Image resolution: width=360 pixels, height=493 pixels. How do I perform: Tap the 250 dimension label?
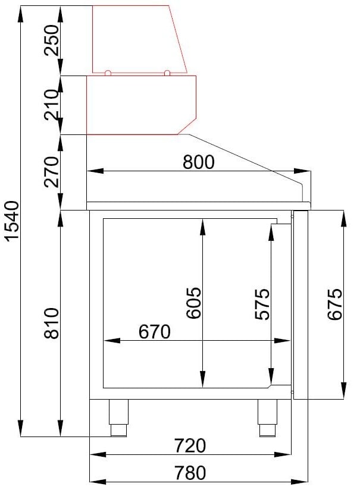[x=52, y=40]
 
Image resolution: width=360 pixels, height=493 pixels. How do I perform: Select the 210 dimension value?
[x=52, y=105]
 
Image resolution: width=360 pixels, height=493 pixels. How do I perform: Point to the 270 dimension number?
[x=52, y=172]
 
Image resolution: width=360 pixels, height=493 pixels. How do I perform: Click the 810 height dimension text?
[x=51, y=324]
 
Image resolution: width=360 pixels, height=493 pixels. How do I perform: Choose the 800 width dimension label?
[x=199, y=162]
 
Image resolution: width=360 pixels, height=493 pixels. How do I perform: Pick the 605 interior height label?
[x=193, y=303]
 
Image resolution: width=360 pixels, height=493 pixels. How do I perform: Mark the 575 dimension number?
[x=262, y=304]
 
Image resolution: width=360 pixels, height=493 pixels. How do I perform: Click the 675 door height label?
[x=334, y=304]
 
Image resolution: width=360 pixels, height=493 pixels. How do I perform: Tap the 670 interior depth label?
[x=155, y=331]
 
